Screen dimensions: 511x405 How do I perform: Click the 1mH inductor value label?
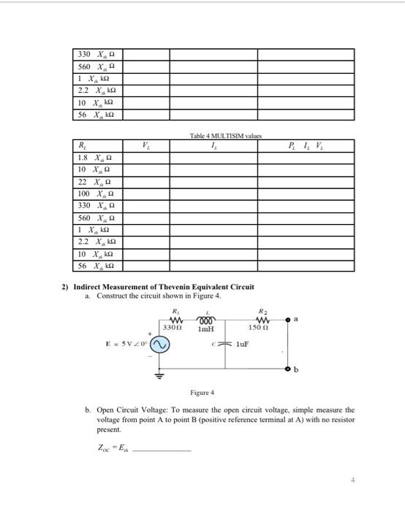207,328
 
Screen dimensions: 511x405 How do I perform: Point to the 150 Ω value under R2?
265,328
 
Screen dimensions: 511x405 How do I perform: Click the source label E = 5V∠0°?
125,345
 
